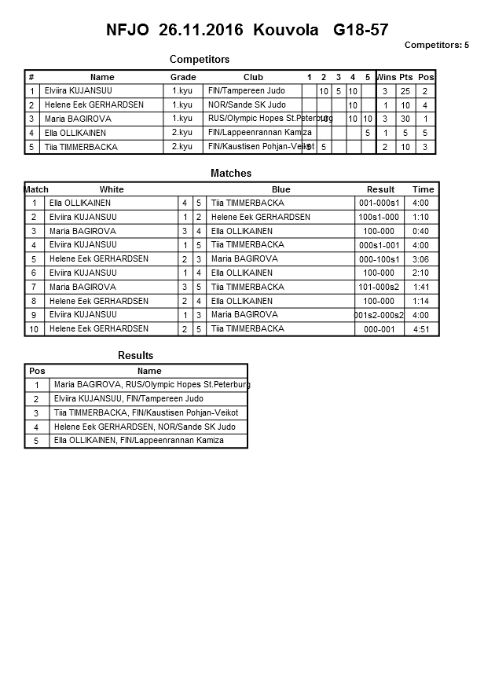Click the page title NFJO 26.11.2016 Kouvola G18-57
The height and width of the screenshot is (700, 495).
pyautogui.click(x=247, y=31)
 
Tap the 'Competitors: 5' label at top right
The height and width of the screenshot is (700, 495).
pyautogui.click(x=436, y=45)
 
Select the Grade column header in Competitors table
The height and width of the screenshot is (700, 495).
pyautogui.click(x=183, y=77)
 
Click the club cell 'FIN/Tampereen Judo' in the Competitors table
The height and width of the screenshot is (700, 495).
pyautogui.click(x=246, y=91)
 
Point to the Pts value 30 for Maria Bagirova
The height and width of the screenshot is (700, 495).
pyautogui.click(x=405, y=119)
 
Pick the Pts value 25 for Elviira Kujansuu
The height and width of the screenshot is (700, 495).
pyautogui.click(x=405, y=91)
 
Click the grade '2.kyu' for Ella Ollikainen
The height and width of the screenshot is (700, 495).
pyautogui.click(x=182, y=133)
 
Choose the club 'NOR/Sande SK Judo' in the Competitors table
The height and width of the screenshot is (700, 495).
pyautogui.click(x=247, y=105)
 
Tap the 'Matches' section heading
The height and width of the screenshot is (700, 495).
pyautogui.click(x=231, y=173)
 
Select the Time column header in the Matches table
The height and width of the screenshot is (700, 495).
pyautogui.click(x=423, y=189)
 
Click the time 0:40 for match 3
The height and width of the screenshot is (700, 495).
pyautogui.click(x=421, y=231)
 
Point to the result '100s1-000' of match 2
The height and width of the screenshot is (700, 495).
pyautogui.click(x=379, y=217)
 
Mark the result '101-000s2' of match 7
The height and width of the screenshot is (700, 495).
pyautogui.click(x=379, y=287)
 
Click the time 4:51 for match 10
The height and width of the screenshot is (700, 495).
pyautogui.click(x=421, y=329)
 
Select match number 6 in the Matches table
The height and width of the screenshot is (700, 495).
pyautogui.click(x=35, y=273)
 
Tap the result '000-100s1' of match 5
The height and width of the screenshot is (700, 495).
pyautogui.click(x=379, y=259)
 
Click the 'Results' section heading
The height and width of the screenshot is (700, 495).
pyautogui.click(x=135, y=356)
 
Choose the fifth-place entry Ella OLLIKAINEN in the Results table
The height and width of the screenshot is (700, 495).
pyautogui.click(x=138, y=441)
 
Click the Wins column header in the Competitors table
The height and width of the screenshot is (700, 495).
pyautogui.click(x=386, y=77)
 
